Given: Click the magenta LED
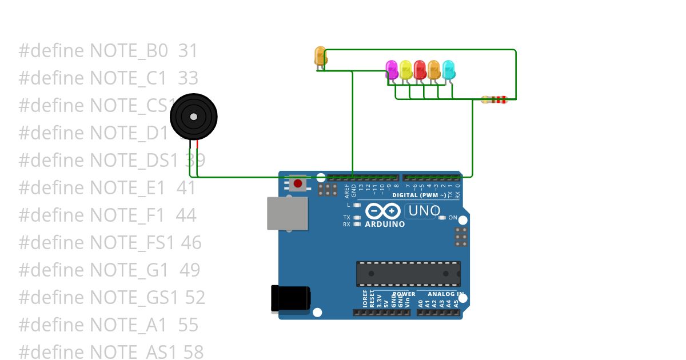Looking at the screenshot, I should point(392,69).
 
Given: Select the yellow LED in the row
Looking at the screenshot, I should point(406,69).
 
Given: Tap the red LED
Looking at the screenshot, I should point(420,69).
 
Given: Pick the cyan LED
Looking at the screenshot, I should point(449,69).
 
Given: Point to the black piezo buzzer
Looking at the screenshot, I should point(194,117).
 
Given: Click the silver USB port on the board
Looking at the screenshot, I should point(288,213).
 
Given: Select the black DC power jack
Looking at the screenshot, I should point(290,299).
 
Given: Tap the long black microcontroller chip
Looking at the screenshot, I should point(408,274).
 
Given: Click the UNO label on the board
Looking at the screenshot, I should point(423,211).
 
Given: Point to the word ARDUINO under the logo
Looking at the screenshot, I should point(385,224).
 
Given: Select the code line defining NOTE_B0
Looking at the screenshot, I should point(108,51).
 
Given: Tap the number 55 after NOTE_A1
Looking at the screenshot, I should point(188,325).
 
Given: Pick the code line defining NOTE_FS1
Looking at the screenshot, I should point(110,243).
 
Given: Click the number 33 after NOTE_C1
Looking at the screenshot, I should point(188,78).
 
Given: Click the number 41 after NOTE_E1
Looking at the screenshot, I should point(186,188).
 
